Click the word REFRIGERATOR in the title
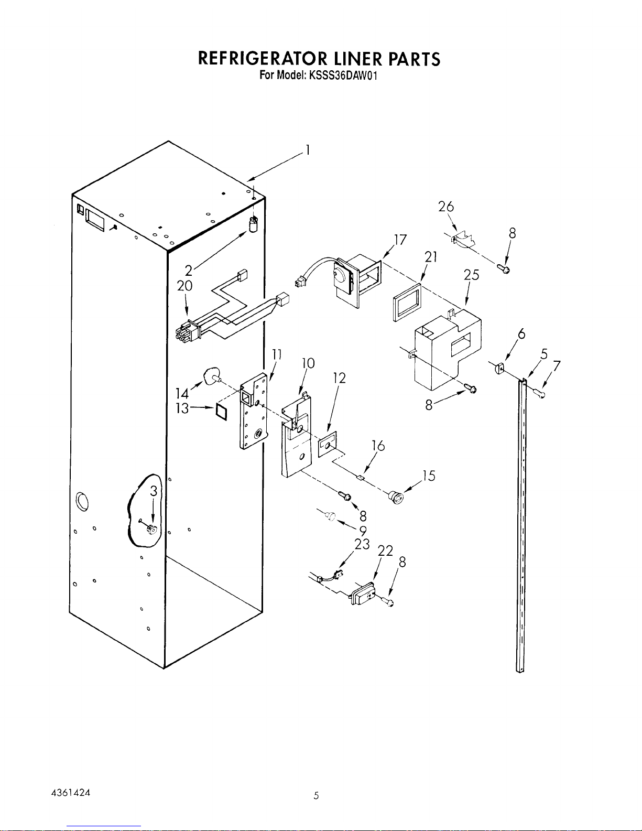tap(263, 59)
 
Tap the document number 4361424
tap(71, 793)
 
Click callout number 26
tap(446, 207)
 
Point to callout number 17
tap(400, 240)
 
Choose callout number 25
tap(471, 275)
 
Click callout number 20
tap(184, 286)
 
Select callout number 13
tap(182, 408)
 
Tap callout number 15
tap(429, 476)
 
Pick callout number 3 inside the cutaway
tap(153, 491)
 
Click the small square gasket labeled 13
tap(221, 411)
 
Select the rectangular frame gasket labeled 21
tap(407, 303)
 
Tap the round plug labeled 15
tap(396, 497)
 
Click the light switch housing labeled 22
tap(363, 594)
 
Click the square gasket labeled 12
tap(328, 444)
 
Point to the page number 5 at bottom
tap(316, 796)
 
